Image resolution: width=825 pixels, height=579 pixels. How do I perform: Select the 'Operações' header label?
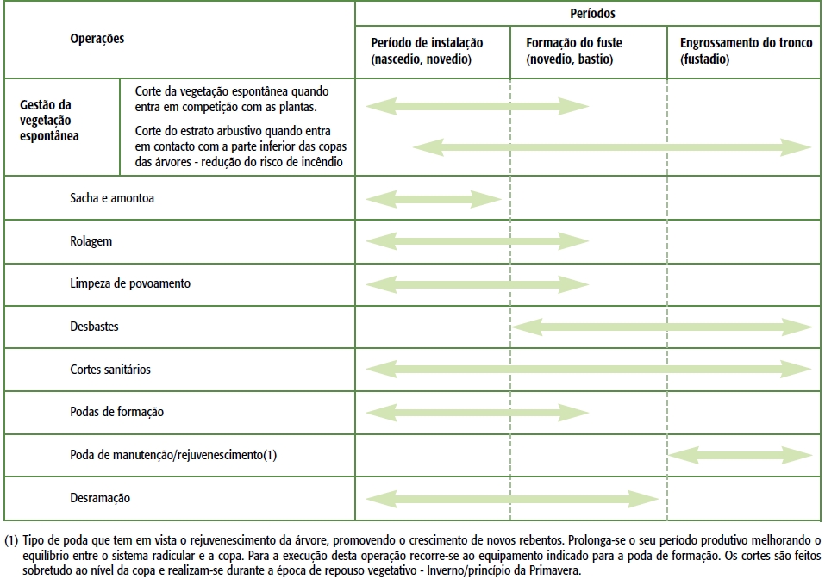[x=97, y=39]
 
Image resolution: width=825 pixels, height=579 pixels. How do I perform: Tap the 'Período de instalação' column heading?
[x=427, y=43]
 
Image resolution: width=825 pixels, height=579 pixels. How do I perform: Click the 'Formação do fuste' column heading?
[x=573, y=43]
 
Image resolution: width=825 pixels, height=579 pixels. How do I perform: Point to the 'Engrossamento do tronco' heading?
[x=746, y=43]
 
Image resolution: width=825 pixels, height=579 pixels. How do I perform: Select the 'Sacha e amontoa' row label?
[x=112, y=198]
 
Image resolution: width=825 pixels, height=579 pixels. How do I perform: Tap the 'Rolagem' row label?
[x=91, y=241]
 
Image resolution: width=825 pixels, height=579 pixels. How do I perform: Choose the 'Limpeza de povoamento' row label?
[x=130, y=283]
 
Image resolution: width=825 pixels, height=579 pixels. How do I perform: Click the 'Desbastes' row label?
[x=94, y=327]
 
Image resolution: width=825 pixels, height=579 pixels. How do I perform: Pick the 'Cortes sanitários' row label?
[x=110, y=370]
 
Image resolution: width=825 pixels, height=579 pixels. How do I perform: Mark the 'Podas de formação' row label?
[x=116, y=412]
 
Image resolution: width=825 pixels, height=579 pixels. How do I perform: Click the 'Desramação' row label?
[x=100, y=498]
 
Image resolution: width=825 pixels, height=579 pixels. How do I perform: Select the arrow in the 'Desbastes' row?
[x=663, y=327]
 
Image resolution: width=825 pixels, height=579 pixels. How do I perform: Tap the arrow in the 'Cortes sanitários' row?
[x=589, y=370]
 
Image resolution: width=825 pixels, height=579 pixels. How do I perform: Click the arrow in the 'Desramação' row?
[x=512, y=498]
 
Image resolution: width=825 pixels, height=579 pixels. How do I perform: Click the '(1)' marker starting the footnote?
[x=10, y=541]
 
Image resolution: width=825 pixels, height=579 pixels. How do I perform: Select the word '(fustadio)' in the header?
[x=704, y=59]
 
